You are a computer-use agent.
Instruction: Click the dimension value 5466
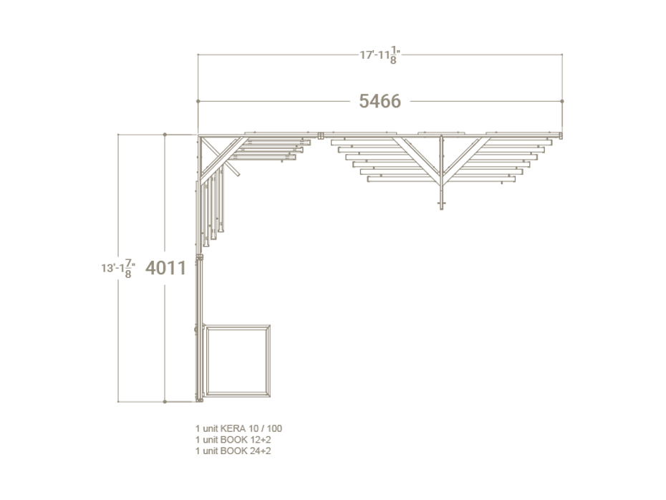click(x=380, y=101)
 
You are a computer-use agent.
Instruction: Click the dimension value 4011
click(x=165, y=268)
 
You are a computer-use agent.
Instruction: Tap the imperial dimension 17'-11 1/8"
click(x=380, y=55)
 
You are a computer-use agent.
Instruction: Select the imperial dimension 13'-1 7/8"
click(x=118, y=269)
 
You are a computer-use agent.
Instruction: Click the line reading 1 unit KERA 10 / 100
click(x=238, y=428)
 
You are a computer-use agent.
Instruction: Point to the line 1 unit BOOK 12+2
click(x=233, y=440)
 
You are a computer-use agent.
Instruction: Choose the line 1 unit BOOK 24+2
click(x=233, y=451)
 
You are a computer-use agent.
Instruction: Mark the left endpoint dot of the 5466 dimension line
click(x=198, y=101)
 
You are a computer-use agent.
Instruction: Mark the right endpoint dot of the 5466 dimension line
click(x=562, y=101)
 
